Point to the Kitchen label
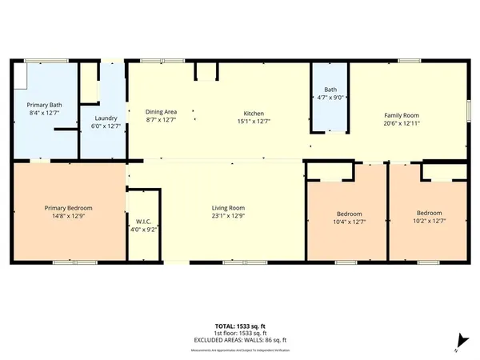pyautogui.click(x=254, y=113)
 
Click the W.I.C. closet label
pyautogui.click(x=144, y=222)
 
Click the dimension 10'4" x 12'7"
pyautogui.click(x=349, y=222)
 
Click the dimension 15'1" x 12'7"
pyautogui.click(x=254, y=121)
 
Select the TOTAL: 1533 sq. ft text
pyautogui.click(x=240, y=326)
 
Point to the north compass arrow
pyautogui.click(x=458, y=340)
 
